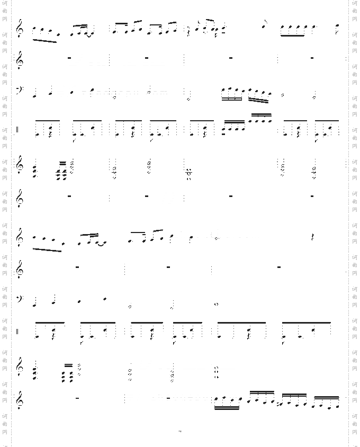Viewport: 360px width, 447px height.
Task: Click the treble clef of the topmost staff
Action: (x=21, y=28)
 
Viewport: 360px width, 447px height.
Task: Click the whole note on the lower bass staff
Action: (x=217, y=304)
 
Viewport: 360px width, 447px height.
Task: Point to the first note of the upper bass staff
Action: (x=35, y=96)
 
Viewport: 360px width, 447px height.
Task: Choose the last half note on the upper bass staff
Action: (x=314, y=96)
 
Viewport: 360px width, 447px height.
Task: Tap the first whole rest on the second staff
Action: (x=69, y=57)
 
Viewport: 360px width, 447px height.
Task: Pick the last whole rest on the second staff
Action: (x=312, y=57)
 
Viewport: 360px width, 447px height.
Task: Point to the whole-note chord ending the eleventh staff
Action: (x=217, y=371)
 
